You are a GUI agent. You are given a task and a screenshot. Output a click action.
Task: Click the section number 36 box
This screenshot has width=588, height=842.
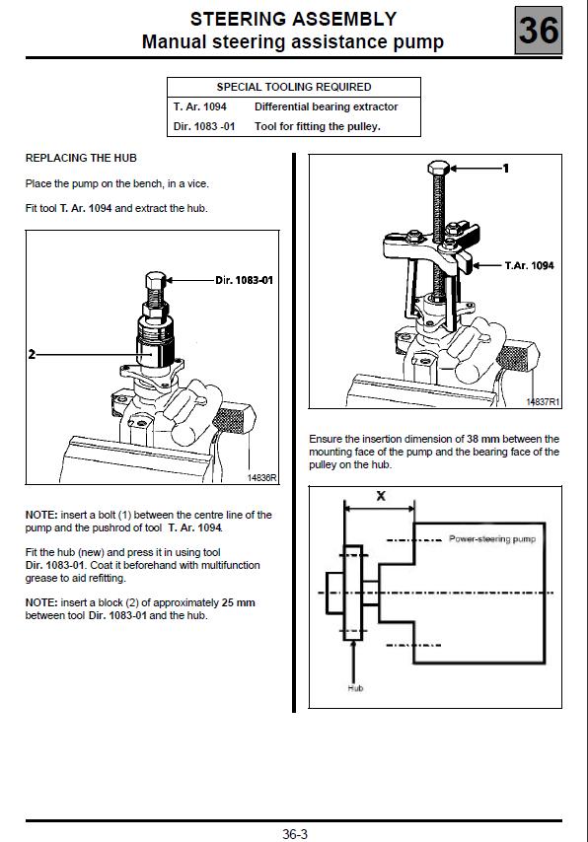click(x=539, y=30)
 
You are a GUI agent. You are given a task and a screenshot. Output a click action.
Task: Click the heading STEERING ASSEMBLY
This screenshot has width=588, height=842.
click(x=293, y=20)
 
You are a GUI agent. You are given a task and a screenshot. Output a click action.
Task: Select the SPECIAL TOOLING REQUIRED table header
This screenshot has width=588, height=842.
click(x=293, y=87)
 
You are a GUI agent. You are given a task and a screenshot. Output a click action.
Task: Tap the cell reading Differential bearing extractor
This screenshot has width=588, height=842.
click(x=327, y=106)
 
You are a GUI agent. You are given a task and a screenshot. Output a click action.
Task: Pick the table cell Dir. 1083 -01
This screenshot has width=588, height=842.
click(x=204, y=127)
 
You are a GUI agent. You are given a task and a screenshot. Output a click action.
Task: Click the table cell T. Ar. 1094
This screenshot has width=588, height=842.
click(x=200, y=106)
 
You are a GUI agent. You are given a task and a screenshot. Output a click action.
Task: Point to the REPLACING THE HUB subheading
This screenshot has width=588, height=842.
click(x=81, y=158)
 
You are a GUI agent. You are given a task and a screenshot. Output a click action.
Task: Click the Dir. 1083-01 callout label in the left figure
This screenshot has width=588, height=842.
click(x=244, y=280)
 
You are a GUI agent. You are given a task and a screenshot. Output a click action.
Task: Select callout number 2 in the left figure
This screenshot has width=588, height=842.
click(x=32, y=354)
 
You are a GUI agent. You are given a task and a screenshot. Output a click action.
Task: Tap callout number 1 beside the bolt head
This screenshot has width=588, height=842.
click(x=505, y=169)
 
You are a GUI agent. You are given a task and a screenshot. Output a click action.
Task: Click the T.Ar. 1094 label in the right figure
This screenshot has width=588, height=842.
click(x=530, y=265)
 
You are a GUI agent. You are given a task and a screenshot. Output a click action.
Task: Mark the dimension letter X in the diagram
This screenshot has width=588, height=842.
click(x=381, y=496)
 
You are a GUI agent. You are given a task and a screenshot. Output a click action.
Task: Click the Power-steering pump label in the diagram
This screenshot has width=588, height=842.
click(x=492, y=538)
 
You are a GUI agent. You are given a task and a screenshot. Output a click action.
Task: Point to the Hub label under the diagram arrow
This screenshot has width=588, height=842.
click(x=355, y=688)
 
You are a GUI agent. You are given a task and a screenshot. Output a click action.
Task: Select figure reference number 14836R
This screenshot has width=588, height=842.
click(x=261, y=477)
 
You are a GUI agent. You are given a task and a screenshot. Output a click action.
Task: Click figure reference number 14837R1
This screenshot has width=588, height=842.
click(x=543, y=401)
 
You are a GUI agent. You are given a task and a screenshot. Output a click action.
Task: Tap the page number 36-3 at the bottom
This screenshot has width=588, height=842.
click(x=295, y=833)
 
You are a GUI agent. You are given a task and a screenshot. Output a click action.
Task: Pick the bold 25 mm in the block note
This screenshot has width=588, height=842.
click(x=239, y=602)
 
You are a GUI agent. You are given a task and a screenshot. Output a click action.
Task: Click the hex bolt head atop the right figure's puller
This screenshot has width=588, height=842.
click(x=439, y=167)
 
